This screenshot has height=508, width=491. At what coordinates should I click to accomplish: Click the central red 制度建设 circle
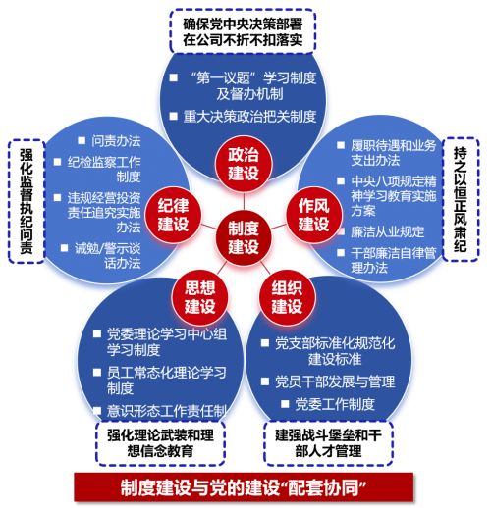244,237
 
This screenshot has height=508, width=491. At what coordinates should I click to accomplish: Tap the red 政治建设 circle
244,164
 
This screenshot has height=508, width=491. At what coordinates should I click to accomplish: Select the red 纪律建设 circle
173,215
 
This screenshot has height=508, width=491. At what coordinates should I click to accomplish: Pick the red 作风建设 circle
314,215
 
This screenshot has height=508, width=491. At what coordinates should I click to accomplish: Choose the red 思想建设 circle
200,297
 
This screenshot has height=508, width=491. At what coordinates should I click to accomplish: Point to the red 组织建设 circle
287,297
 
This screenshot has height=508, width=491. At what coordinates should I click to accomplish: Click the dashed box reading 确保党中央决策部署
243,31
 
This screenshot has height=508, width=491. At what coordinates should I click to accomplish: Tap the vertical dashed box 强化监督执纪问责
27,201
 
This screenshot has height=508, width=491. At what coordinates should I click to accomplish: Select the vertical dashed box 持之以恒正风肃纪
461,199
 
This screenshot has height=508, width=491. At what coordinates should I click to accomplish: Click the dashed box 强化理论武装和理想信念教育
160,443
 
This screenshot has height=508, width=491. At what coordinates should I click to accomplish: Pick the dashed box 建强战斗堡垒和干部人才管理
328,443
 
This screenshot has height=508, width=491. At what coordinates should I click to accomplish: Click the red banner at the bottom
244,487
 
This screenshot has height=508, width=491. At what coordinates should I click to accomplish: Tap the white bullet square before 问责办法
82,140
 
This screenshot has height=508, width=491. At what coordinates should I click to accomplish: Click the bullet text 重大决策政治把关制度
249,117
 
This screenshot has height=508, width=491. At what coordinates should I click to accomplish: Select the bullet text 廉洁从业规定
388,231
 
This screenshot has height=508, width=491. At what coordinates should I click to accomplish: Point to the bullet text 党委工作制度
335,404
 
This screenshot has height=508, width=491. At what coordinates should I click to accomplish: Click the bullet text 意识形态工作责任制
166,411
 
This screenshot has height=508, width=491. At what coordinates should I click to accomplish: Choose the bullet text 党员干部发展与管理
335,381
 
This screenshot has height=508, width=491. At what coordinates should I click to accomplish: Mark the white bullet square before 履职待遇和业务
341,145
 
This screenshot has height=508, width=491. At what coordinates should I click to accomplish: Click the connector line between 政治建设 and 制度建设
244,201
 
